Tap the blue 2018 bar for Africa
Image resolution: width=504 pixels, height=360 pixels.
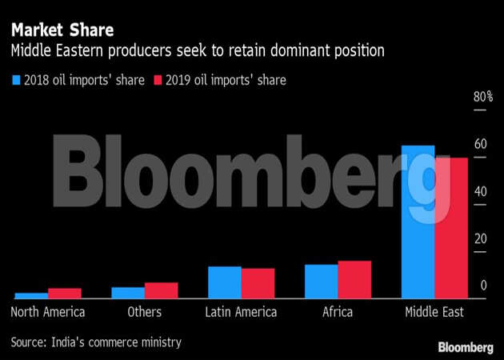[321, 281]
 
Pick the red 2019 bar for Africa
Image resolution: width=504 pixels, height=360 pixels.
[354, 279]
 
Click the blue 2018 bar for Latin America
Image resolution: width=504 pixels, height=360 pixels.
[224, 282]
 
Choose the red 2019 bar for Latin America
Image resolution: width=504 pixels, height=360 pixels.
[258, 282]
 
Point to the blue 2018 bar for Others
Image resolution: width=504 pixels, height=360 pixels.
[128, 292]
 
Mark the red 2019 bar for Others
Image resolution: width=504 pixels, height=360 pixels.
[161, 290]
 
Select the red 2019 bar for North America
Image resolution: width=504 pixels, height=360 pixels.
[64, 293]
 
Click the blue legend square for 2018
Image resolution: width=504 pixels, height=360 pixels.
[16, 80]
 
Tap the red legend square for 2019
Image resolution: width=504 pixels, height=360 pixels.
[158, 80]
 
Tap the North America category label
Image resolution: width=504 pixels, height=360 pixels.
[48, 312]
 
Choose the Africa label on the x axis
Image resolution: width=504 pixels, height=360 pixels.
[338, 312]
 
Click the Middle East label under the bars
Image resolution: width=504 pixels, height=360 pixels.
[434, 312]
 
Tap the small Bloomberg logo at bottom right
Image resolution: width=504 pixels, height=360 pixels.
[466, 346]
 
